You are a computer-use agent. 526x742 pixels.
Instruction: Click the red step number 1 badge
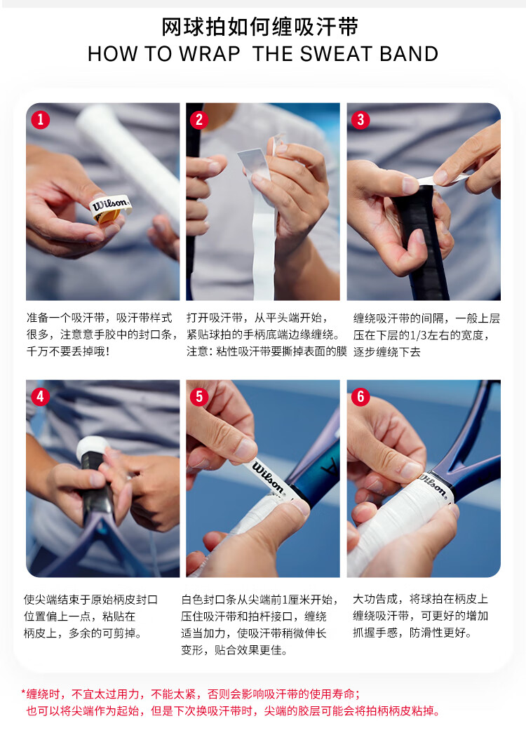40,119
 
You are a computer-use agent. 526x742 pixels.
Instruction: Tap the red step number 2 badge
199,120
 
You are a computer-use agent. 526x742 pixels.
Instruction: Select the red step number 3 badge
360,120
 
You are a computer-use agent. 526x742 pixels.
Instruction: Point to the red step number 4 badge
40,396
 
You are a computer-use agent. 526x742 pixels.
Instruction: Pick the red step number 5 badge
199,396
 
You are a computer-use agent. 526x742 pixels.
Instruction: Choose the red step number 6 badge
360,396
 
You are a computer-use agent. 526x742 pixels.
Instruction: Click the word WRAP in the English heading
210,54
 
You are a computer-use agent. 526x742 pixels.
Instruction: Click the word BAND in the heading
409,54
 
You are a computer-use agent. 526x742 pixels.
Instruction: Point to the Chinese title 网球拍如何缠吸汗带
260,27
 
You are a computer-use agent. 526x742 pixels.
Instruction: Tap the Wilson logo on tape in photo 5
268,476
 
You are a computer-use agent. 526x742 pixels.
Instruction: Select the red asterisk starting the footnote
23,694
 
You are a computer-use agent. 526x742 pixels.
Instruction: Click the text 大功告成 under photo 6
375,599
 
